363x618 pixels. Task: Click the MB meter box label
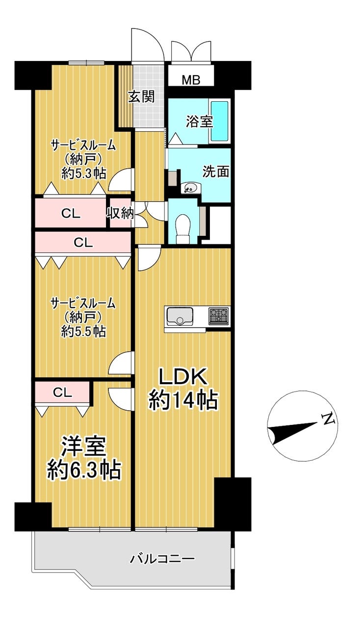coord(191,80)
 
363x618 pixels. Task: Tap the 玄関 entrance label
coord(142,97)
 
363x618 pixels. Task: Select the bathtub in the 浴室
coord(219,121)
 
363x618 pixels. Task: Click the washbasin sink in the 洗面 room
coord(189,188)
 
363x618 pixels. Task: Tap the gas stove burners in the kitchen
coord(219,315)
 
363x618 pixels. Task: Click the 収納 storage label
coord(120,213)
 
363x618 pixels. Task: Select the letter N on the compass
coord(328,419)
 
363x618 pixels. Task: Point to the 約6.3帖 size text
coord(84,470)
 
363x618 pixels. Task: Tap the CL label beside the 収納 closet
coord(71,214)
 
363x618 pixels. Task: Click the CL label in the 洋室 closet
coord(62,393)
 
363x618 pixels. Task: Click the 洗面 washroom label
coord(216,171)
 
